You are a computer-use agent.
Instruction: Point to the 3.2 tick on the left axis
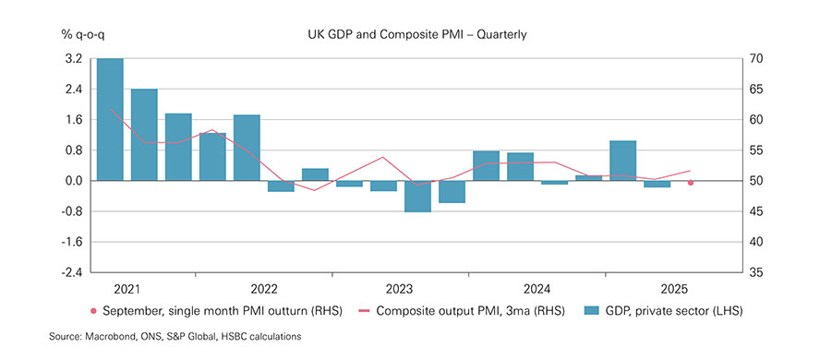click(74, 58)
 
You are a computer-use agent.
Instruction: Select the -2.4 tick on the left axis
click(72, 272)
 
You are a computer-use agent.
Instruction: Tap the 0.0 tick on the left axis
click(74, 181)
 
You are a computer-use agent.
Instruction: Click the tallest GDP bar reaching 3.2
click(110, 119)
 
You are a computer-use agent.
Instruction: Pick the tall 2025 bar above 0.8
click(622, 161)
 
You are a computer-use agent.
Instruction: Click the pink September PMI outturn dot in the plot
click(690, 183)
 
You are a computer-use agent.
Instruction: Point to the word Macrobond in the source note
click(113, 338)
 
